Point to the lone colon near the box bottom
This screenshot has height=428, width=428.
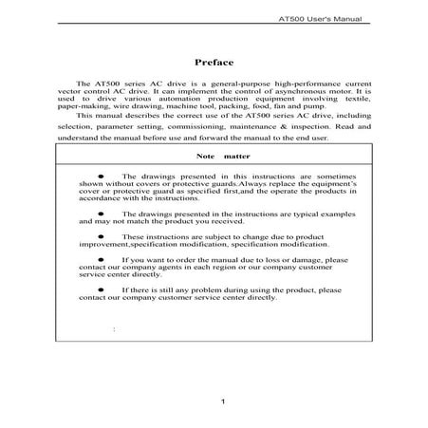114,329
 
